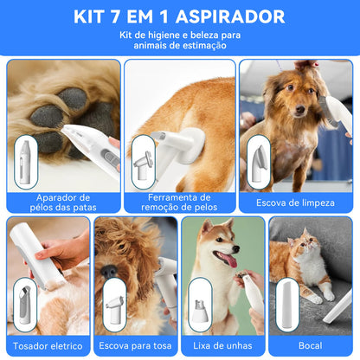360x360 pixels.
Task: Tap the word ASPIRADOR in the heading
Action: coord(233,17)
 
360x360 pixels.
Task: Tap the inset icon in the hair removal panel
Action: coord(143,161)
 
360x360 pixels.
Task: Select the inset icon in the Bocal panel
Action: coord(286,300)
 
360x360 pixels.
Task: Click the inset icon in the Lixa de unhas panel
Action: coord(198,300)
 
